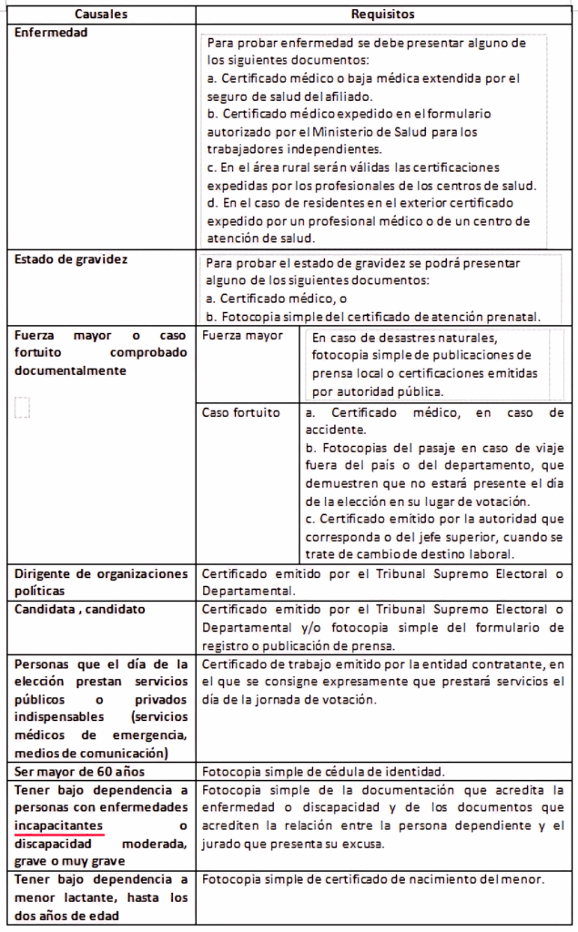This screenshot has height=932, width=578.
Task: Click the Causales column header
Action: pos(101,15)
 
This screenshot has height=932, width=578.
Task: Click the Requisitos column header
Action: pos(383,15)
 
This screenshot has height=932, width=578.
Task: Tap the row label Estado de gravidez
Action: pos(71,259)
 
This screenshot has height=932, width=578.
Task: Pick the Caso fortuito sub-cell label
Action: pos(241,412)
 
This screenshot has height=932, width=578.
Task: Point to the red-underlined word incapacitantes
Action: pos(58,824)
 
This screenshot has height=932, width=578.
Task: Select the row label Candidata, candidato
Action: pos(80,607)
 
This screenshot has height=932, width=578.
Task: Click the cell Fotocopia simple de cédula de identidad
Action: pos(324,769)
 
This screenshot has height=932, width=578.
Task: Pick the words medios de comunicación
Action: pos(90,752)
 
